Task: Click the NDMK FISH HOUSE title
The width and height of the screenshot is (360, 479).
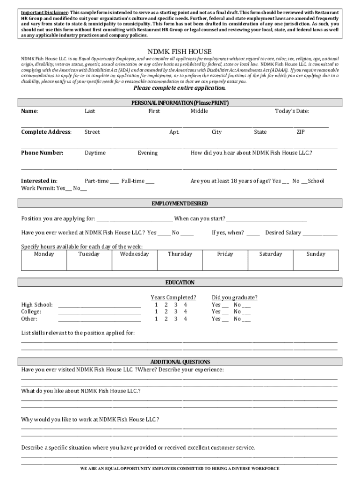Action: point(180,51)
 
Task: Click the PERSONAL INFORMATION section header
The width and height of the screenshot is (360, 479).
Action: point(180,102)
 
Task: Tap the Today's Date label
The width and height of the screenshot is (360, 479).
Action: point(292,111)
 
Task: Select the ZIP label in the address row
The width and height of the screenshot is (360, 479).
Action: point(300,132)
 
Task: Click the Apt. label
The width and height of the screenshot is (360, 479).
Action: point(174,132)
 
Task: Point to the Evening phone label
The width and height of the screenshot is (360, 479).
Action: point(147,153)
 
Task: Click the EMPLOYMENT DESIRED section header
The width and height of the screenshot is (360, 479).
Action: point(180,203)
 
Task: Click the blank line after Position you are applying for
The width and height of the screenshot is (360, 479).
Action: point(135,219)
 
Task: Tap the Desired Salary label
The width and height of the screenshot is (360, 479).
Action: point(283,233)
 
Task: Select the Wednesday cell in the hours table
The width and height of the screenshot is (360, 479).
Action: point(134,260)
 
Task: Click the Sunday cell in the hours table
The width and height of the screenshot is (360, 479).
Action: point(316,260)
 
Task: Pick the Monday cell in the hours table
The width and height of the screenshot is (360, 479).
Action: point(44,260)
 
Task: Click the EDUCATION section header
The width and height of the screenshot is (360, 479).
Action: point(180,283)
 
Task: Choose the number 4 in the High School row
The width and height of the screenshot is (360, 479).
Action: point(186,305)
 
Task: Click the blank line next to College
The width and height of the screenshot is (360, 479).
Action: point(100,312)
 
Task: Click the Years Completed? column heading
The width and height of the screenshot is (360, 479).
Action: point(173,298)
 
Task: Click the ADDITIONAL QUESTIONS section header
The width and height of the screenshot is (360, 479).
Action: point(180,362)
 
